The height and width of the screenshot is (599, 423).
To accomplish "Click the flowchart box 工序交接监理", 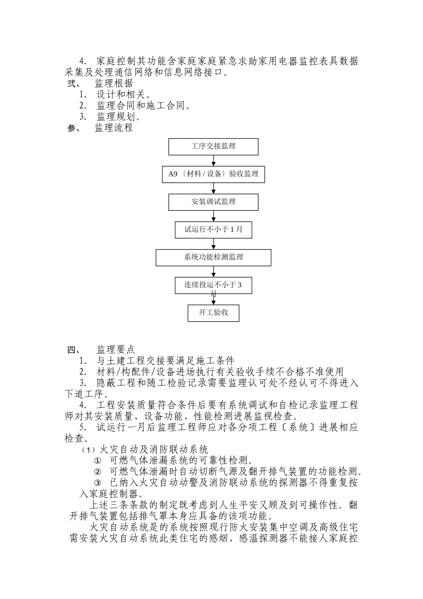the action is click(213, 146).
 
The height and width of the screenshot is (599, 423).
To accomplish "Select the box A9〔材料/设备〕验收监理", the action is click(213, 174).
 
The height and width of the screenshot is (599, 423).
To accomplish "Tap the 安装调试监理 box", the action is click(213, 201).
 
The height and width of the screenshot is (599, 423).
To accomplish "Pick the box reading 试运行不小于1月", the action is click(213, 230).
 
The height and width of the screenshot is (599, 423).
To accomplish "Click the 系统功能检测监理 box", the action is click(213, 257).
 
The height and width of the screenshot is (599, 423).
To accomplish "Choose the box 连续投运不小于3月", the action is click(213, 285).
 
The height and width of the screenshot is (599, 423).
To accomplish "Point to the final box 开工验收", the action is click(213, 312).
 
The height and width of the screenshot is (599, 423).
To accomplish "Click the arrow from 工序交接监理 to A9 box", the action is click(214, 160).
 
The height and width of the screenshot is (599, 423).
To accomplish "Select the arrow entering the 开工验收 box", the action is click(214, 299).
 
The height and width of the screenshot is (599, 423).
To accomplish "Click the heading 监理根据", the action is click(114, 83).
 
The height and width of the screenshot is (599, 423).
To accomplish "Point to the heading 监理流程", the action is click(114, 128).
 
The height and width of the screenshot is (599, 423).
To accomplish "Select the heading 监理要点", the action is click(116, 349).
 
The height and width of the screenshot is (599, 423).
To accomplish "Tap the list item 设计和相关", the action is click(123, 94).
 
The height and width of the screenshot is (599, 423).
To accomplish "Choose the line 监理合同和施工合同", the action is click(144, 106).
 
